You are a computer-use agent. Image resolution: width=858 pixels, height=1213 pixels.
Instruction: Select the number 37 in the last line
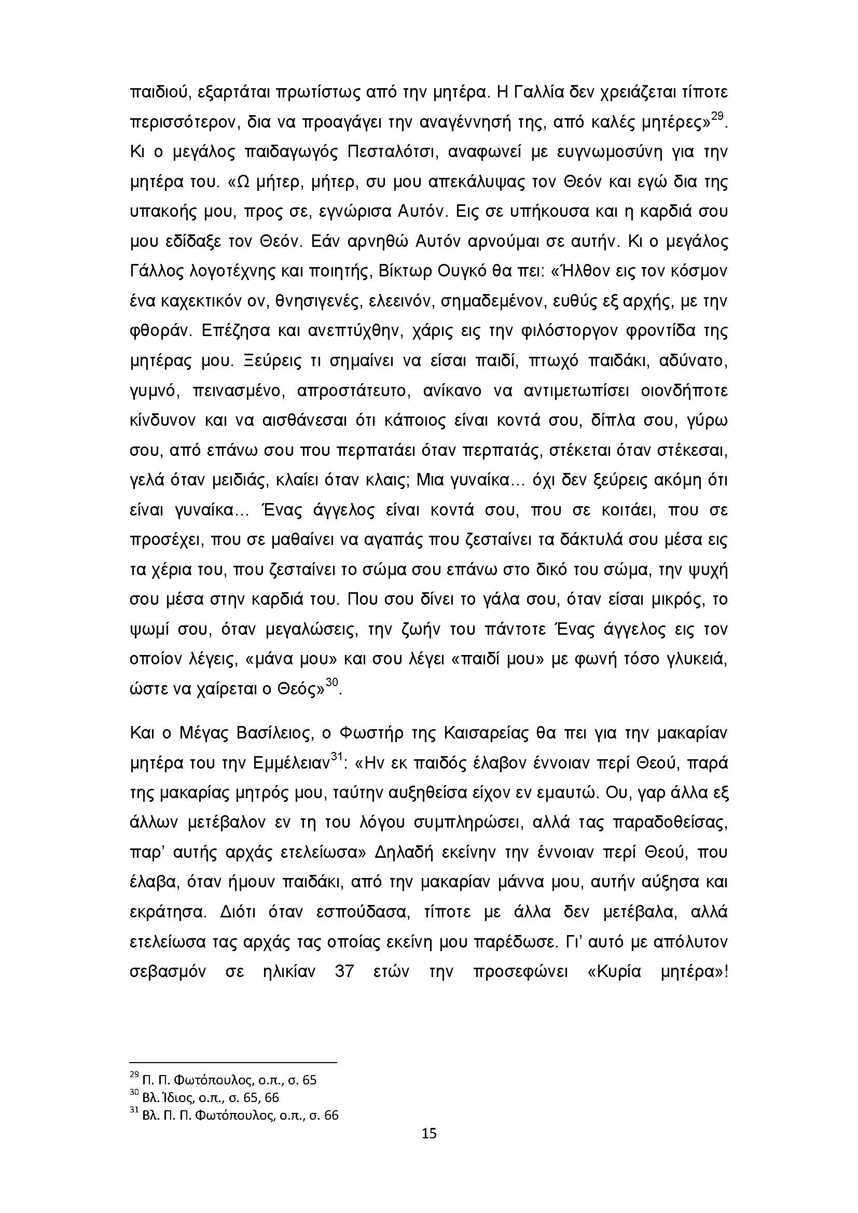tap(344, 972)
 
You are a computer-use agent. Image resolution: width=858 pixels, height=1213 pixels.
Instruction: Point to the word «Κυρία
tap(614, 972)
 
